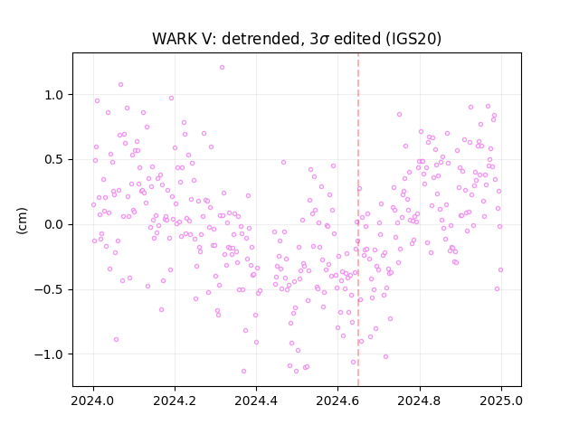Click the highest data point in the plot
(222, 68)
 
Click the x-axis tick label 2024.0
(92, 401)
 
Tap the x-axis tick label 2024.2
(175, 401)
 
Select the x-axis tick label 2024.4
(256, 401)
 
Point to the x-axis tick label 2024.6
(337, 401)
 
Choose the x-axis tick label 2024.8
(419, 401)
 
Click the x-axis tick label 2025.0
(501, 401)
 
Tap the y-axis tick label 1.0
(54, 95)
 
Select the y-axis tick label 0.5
(54, 160)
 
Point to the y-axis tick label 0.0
(54, 225)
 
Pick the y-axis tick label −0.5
(49, 289)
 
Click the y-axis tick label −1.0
(49, 354)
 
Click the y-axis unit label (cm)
(22, 221)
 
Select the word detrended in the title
(261, 39)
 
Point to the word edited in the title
(357, 39)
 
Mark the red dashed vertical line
(358, 220)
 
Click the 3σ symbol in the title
(319, 39)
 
